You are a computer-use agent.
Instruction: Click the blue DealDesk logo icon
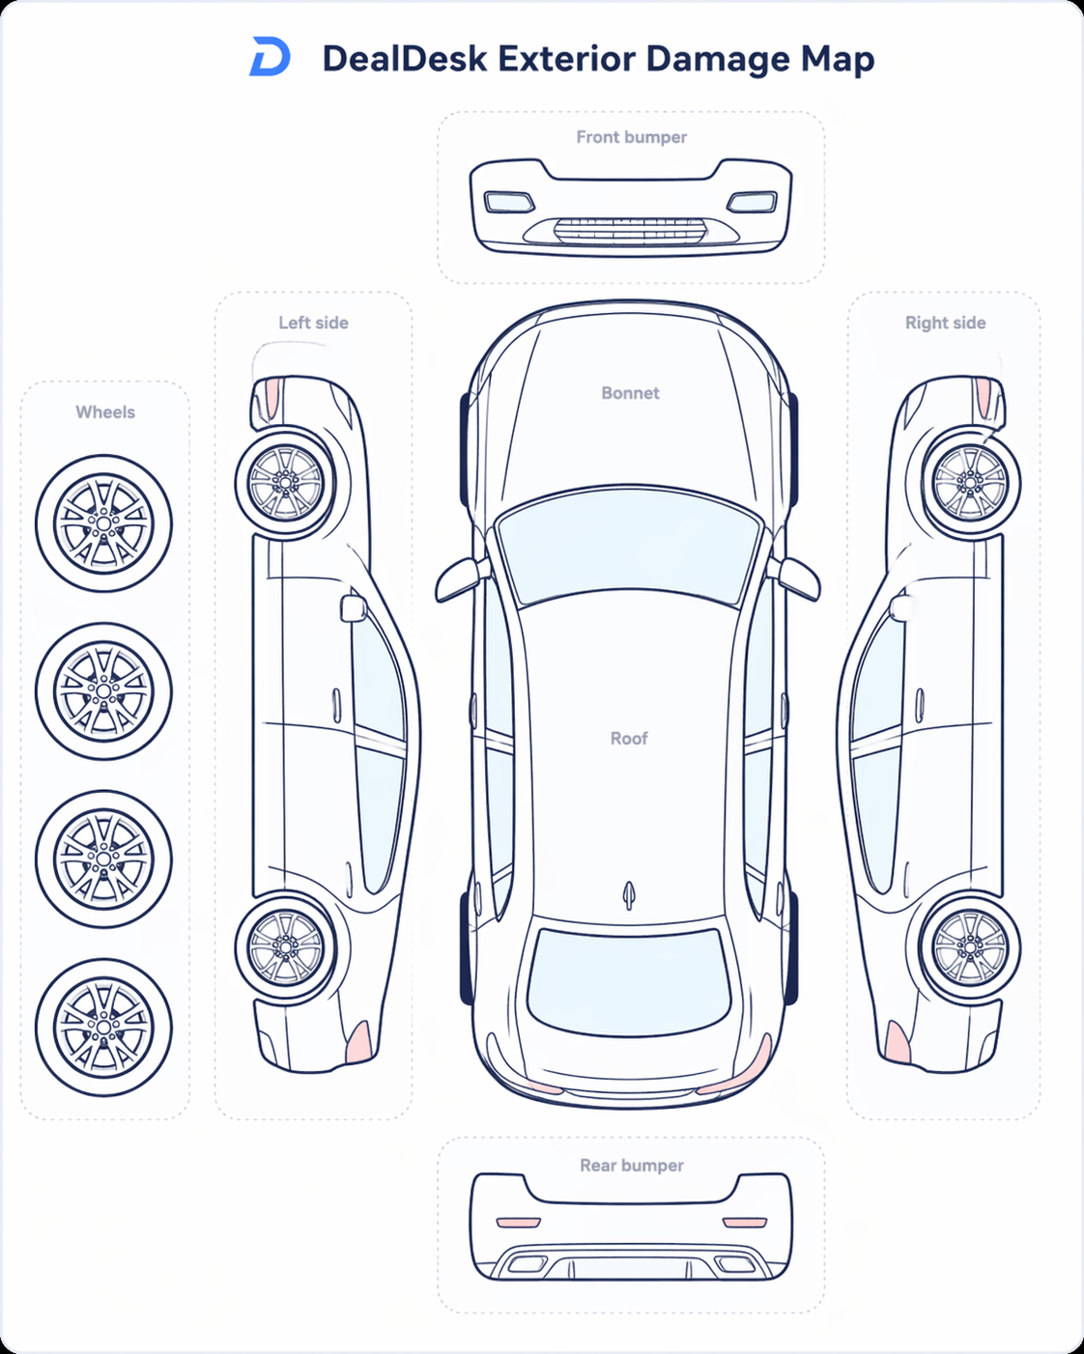[x=271, y=56]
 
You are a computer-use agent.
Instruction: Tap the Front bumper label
[x=632, y=137]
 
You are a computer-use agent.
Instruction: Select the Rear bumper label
[x=632, y=1166]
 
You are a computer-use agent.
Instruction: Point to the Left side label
[x=313, y=323]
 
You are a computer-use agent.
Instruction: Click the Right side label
[x=946, y=323]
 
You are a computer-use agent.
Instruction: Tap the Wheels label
[x=105, y=412]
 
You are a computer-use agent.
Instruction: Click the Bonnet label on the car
[x=630, y=393]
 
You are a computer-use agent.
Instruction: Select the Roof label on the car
[x=629, y=738]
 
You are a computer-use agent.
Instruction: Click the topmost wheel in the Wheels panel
[x=104, y=523]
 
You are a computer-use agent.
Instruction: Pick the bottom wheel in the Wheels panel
[x=104, y=1027]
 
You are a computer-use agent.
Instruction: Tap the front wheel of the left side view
[x=286, y=483]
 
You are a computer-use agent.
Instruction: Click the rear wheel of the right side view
[x=971, y=947]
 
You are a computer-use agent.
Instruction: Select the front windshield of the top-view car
[x=630, y=546]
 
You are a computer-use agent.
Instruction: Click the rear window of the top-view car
[x=629, y=982]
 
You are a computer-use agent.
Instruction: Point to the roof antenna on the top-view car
[x=629, y=894]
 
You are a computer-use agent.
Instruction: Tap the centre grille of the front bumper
[x=630, y=230]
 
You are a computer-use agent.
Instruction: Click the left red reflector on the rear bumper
[x=519, y=1223]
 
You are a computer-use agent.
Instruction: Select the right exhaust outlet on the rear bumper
[x=734, y=1263]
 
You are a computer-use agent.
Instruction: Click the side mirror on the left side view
[x=354, y=608]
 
